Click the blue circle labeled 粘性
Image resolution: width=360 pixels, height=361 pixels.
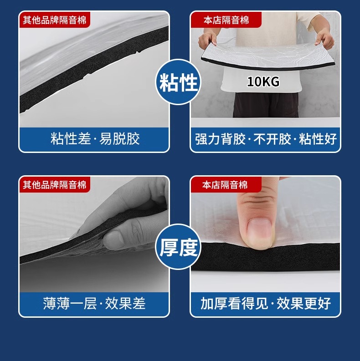point(178,82)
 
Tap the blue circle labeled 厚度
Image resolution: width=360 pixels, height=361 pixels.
point(178,247)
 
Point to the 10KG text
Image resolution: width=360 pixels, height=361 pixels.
point(263,82)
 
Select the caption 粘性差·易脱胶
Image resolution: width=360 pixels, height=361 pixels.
point(95,138)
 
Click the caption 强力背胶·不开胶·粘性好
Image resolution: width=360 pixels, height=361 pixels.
point(266,139)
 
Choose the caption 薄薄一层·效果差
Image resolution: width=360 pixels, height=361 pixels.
point(94,304)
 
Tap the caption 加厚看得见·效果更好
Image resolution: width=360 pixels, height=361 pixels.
point(266,304)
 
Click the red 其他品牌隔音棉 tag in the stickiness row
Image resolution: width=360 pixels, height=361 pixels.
point(55,20)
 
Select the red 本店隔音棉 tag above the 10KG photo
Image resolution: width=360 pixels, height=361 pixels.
point(226,20)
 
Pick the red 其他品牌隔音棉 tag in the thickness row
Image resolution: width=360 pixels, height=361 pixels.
point(55,185)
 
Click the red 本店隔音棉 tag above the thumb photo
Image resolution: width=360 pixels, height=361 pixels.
point(226,185)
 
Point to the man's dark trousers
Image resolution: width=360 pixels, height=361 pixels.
point(266,105)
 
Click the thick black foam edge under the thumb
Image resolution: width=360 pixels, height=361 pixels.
point(265,257)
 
